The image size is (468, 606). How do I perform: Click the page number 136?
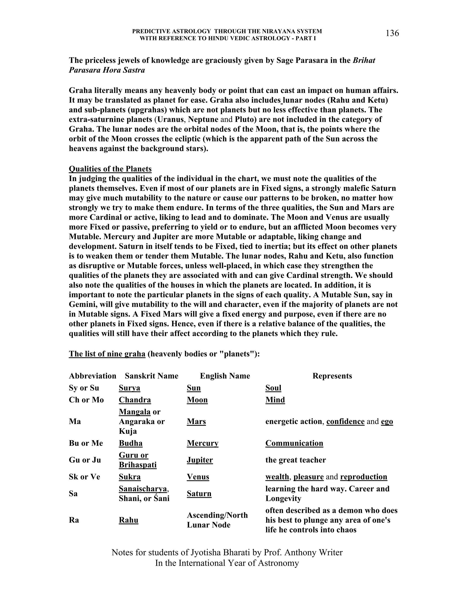click(392, 33)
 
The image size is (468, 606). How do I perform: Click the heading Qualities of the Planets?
click(110, 169)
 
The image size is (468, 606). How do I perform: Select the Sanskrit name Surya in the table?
click(130, 388)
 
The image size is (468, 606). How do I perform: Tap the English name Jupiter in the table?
click(200, 460)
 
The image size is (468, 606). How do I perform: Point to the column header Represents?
click(332, 376)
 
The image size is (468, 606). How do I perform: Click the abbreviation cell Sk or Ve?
click(84, 477)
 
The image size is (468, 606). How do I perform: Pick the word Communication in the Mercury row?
click(294, 443)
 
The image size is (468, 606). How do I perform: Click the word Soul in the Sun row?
click(273, 388)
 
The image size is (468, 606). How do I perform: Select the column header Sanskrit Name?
click(151, 376)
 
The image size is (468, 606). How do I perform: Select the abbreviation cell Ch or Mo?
click(86, 400)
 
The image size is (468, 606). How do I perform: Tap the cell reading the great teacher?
click(295, 460)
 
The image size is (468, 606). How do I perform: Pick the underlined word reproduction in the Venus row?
click(364, 477)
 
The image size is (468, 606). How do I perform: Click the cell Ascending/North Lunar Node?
click(217, 520)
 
